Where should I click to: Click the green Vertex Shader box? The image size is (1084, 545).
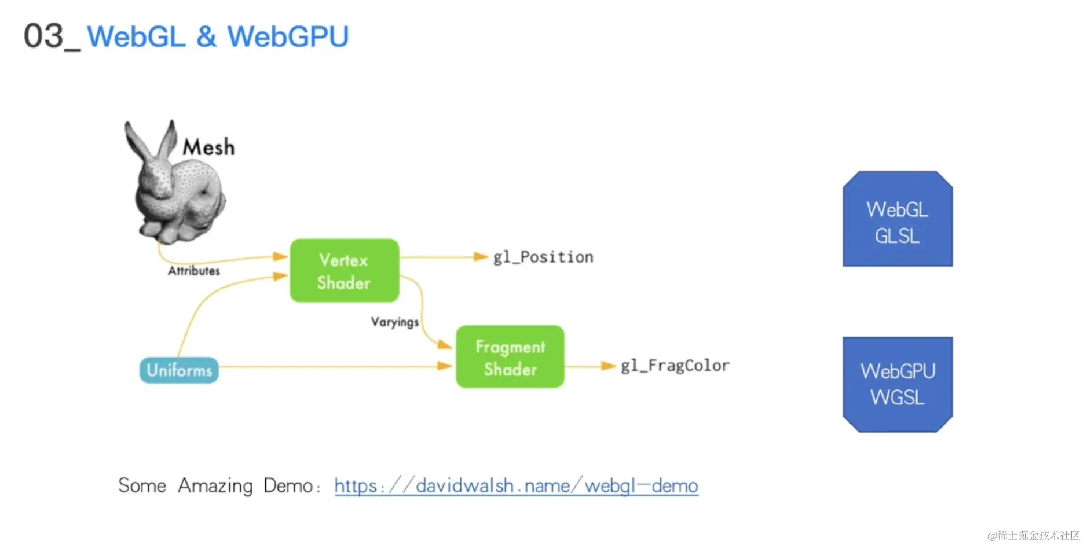point(344,271)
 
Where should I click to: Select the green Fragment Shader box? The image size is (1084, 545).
point(510,357)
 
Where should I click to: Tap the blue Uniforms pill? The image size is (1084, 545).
point(179,370)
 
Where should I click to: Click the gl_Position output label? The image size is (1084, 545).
point(543,257)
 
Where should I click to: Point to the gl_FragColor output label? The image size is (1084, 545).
point(675,366)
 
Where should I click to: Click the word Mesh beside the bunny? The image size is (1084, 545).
point(208,148)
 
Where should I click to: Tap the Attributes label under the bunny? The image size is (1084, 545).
point(193,271)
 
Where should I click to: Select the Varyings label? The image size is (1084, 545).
point(394,322)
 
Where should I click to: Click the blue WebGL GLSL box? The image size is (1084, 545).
point(897,220)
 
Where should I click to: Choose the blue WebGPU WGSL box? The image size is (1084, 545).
point(897,384)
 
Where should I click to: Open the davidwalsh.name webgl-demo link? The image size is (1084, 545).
point(515,485)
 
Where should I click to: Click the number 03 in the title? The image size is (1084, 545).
point(43,36)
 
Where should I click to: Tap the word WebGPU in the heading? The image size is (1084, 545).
point(288,37)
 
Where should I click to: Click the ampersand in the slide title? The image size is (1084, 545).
point(206,37)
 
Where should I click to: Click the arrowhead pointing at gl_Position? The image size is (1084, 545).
point(481,257)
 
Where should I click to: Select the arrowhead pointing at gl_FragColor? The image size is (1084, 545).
point(608,366)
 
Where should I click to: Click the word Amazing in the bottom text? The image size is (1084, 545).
point(215,485)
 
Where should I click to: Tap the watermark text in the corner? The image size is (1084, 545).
point(1033,535)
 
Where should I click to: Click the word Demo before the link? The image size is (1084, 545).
point(288,485)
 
